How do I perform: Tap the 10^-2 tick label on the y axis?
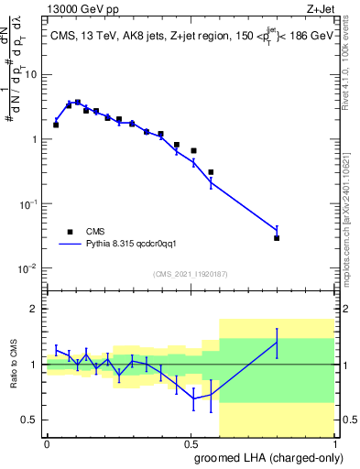coord(30,268)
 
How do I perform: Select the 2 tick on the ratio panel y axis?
coord(37,309)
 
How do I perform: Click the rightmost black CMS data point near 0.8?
coord(277,238)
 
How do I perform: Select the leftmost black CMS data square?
coord(56,125)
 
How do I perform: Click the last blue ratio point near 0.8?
coord(277,342)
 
